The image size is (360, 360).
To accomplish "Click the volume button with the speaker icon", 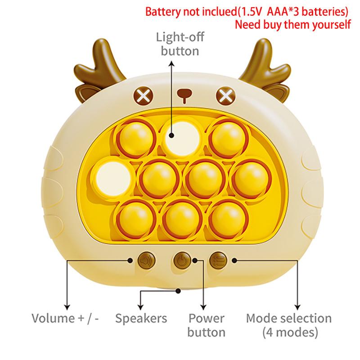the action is coord(147,261).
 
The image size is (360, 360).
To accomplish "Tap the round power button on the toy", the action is coord(182,261).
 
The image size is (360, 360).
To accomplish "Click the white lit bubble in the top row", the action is coord(182,139).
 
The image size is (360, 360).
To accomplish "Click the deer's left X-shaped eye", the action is coord(143,95).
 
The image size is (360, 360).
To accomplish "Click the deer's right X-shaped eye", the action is coord(226,95).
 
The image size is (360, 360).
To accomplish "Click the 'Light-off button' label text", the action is coord(180,44).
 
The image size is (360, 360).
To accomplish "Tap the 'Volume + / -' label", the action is coord(65,319).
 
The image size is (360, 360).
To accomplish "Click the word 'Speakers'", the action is coord(141,319).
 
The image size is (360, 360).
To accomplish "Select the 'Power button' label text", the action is coord(207,325).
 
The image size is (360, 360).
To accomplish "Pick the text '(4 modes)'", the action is coord(290,332).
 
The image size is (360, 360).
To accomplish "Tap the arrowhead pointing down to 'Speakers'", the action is coord(140,307).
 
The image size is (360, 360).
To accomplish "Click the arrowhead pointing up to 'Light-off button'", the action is coord(171,63).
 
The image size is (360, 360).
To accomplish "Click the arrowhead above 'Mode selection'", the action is coord(298,307).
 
